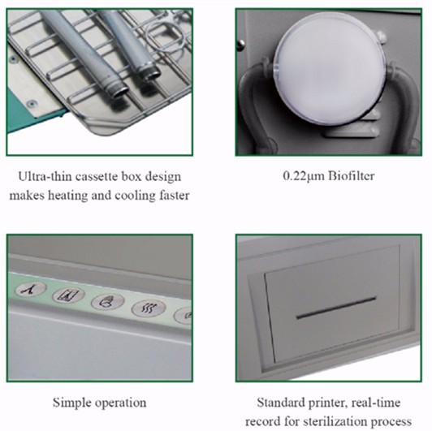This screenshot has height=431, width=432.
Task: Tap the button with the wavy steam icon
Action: coord(149,308)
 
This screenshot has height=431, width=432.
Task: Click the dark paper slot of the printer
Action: coord(335,310)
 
